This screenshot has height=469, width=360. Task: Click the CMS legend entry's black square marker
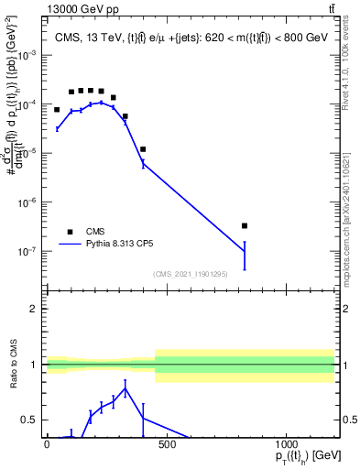70,232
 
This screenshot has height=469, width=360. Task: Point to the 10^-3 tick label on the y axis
27,55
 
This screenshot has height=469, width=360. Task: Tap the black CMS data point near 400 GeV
143,149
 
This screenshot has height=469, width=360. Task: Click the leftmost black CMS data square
57,110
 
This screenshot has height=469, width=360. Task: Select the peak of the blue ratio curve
125,388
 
